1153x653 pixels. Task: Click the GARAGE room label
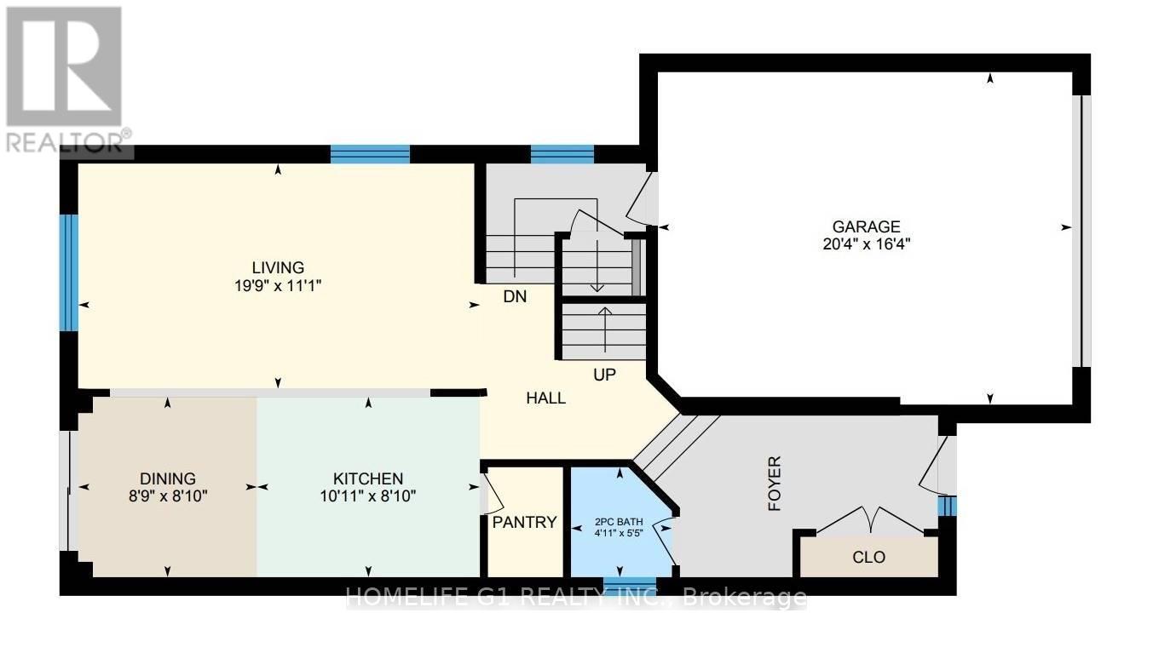click(x=867, y=226)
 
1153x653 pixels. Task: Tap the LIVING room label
click(x=278, y=267)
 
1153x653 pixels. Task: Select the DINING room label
click(x=168, y=478)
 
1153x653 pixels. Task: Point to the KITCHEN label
click(x=368, y=478)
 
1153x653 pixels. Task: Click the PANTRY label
click(x=524, y=523)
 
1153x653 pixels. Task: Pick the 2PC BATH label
click(x=620, y=521)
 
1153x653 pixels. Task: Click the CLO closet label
click(x=869, y=557)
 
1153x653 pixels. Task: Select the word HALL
click(x=546, y=398)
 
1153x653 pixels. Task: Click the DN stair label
click(x=515, y=296)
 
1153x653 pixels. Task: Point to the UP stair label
click(x=604, y=375)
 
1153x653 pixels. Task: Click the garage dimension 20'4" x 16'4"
click(x=867, y=243)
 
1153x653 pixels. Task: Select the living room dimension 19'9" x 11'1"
click(x=278, y=285)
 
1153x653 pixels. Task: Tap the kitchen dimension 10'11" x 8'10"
click(x=368, y=496)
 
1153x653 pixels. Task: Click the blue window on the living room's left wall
click(x=68, y=272)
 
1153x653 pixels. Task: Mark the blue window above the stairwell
click(x=562, y=154)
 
